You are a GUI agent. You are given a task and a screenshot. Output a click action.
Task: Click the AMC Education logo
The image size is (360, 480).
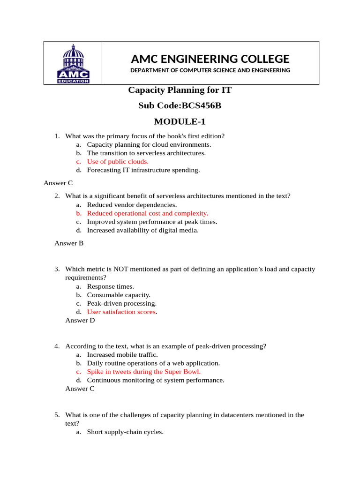point(73,63)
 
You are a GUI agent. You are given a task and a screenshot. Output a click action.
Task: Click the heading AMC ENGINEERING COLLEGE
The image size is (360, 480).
point(210,59)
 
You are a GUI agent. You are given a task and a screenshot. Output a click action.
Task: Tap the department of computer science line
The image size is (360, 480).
point(210,70)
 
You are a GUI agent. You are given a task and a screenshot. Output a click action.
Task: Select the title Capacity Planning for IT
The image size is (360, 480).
point(180,90)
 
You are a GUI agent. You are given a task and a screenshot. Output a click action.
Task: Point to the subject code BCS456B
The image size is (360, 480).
point(180,105)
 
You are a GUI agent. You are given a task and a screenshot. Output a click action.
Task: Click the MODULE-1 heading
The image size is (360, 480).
point(180,122)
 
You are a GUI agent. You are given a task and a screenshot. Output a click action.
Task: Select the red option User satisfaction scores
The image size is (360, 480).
point(121,312)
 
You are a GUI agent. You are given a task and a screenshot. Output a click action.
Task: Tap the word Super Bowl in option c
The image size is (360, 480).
point(183,372)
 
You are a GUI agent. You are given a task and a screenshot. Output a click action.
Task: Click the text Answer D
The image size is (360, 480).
point(80,321)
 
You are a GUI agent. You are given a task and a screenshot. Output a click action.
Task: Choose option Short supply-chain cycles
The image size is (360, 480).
point(125,432)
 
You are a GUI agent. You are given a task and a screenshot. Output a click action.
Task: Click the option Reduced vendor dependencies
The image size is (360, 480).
point(132,205)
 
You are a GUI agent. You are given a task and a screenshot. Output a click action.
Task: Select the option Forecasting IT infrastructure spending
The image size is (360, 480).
point(143,170)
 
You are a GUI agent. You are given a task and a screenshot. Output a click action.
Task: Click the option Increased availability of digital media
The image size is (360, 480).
point(142,230)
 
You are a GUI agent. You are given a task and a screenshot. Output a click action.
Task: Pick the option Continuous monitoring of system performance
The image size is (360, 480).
point(156,380)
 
